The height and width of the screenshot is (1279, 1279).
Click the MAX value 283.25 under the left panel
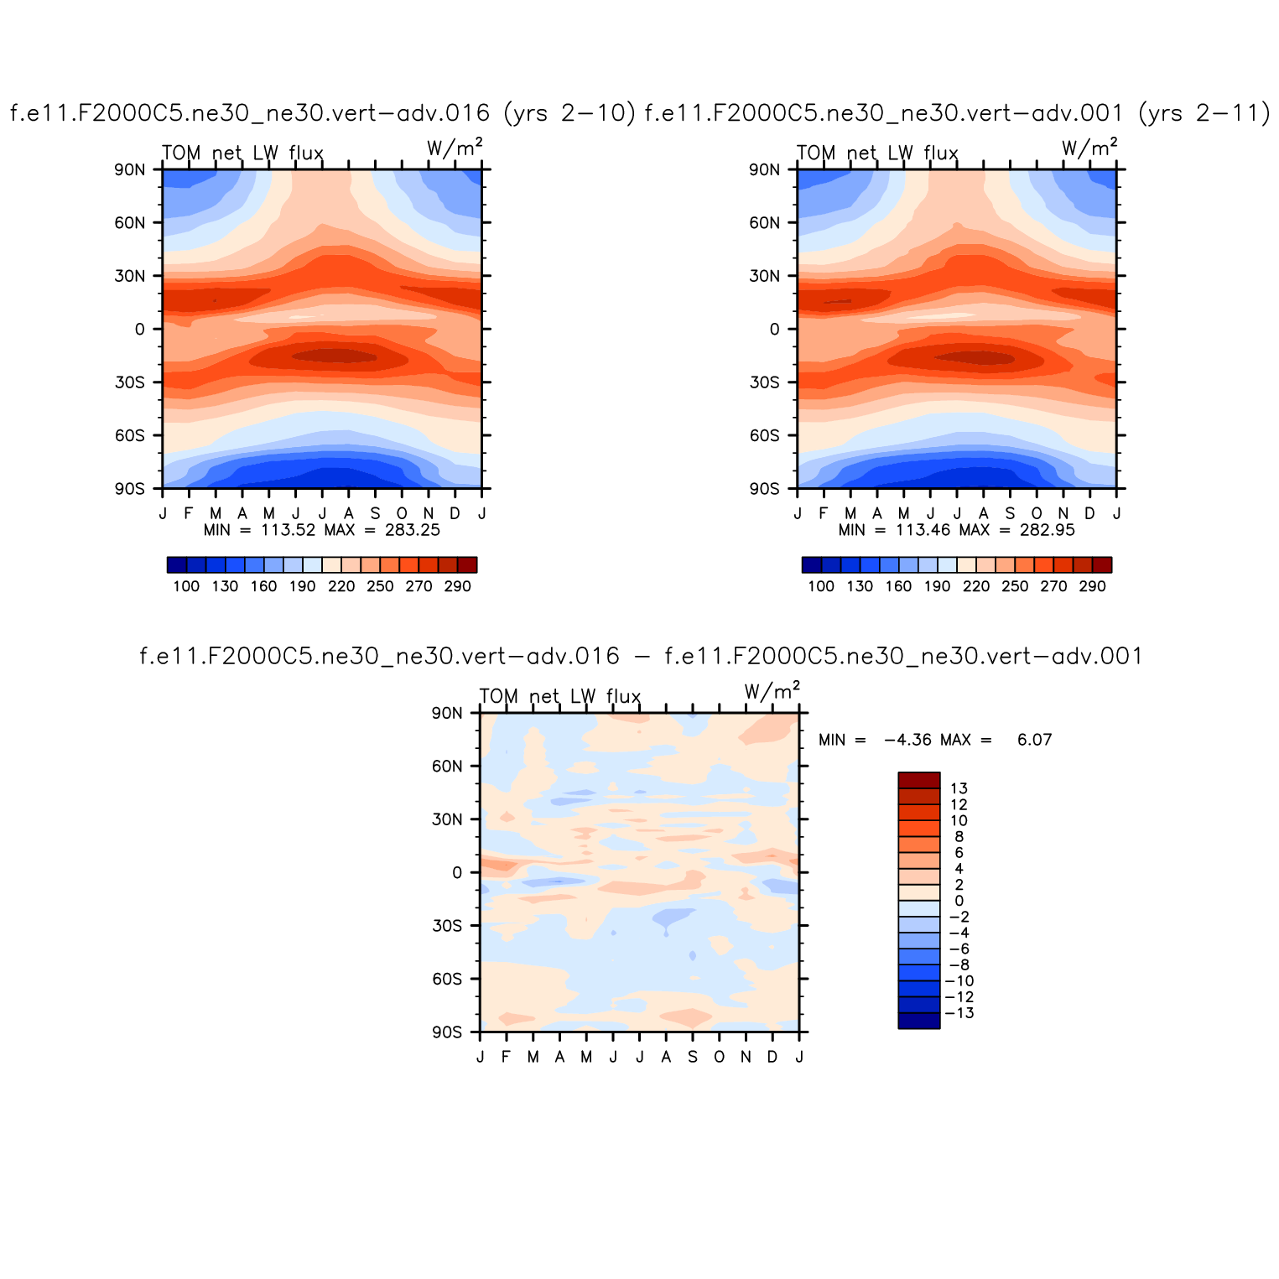click(x=412, y=530)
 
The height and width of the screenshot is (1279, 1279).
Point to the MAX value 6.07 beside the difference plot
click(x=1034, y=740)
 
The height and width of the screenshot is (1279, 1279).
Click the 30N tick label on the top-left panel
click(x=129, y=276)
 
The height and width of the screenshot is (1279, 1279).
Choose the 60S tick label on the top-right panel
click(x=764, y=435)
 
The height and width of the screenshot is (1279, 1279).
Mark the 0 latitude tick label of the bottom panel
click(x=457, y=873)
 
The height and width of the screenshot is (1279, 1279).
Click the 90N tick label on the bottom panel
click(x=447, y=714)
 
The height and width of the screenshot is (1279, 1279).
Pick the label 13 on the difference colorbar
click(x=959, y=788)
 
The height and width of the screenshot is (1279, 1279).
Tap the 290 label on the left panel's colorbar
click(x=458, y=586)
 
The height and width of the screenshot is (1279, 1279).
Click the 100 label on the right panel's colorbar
click(x=821, y=586)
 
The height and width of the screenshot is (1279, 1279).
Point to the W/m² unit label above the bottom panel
click(x=772, y=692)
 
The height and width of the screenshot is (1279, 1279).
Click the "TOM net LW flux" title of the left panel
click(x=242, y=153)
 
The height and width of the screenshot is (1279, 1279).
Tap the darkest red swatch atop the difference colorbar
click(x=918, y=781)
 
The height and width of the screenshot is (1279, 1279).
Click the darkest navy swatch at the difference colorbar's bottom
click(x=918, y=1021)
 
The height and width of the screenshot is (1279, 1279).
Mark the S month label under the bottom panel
click(x=692, y=1057)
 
